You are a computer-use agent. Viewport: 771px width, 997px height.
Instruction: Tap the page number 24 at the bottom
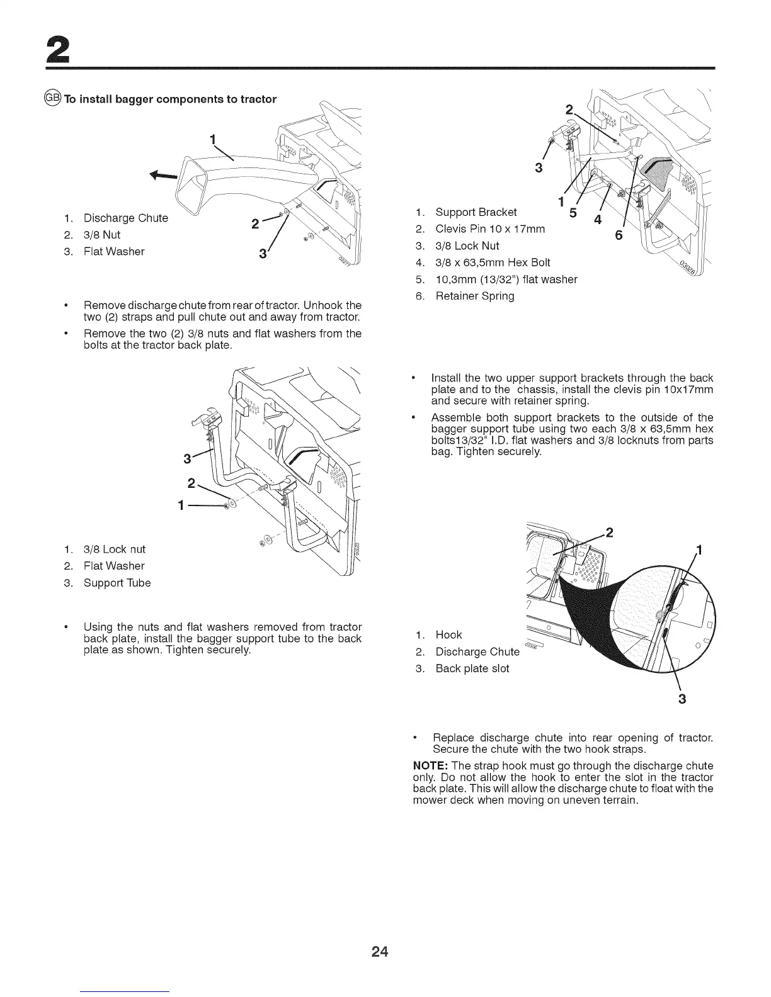(380, 952)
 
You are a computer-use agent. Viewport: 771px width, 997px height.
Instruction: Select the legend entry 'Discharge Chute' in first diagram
(125, 218)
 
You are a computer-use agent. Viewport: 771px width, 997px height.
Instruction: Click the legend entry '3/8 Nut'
(102, 235)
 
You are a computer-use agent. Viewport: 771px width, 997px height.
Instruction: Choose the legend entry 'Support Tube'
(117, 583)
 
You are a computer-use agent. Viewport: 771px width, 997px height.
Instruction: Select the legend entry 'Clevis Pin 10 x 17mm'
(490, 229)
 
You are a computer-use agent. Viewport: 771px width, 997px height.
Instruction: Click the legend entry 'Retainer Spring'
(474, 296)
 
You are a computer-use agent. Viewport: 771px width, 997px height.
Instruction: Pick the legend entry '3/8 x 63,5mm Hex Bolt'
(493, 262)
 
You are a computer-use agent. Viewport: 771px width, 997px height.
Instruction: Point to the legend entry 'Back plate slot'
(472, 668)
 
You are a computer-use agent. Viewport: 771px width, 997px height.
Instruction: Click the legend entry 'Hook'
(448, 634)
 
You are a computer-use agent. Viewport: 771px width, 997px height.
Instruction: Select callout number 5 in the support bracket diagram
(573, 213)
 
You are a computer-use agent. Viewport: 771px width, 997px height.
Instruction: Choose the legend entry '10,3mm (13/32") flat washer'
(506, 279)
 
